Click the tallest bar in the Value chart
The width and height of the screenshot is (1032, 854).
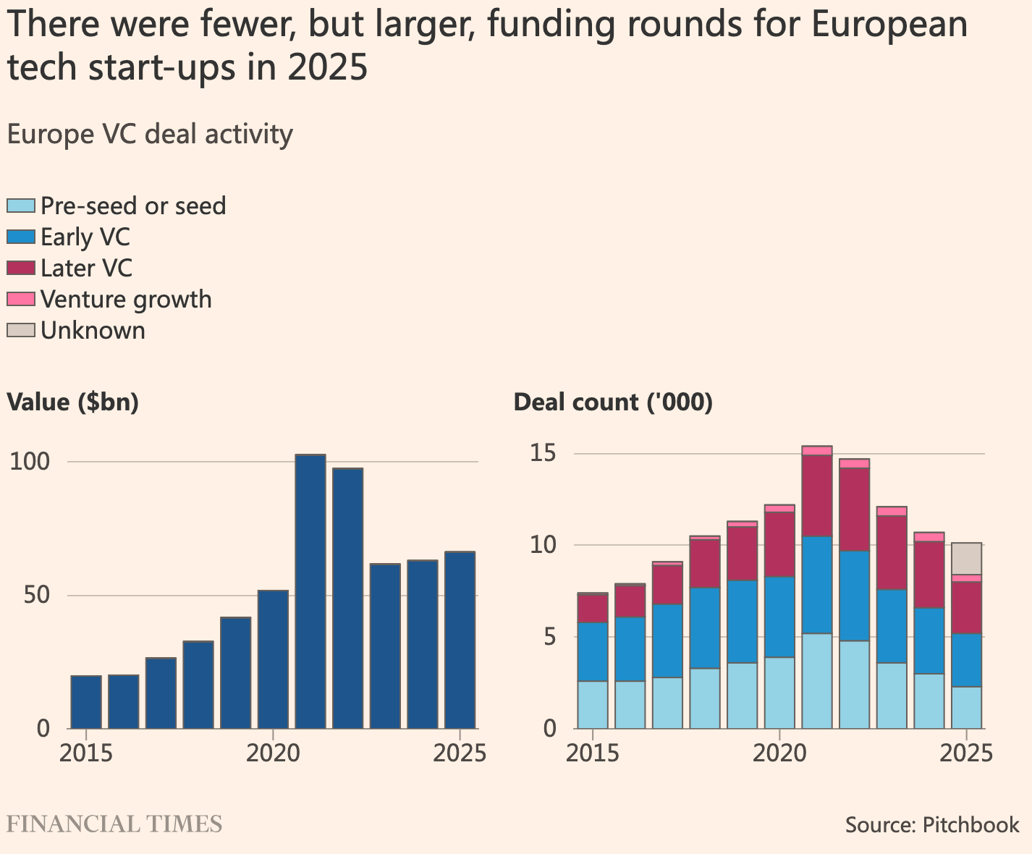pos(310,591)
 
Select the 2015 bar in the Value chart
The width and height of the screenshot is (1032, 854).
pos(86,701)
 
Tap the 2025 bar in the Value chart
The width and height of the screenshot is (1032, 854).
pos(460,640)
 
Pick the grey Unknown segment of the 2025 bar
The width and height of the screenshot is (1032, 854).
pos(966,558)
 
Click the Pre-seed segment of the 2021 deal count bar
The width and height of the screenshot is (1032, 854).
pos(817,680)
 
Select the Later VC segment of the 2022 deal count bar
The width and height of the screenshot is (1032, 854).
pos(855,509)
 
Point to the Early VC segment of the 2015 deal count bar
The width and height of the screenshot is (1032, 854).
pos(593,651)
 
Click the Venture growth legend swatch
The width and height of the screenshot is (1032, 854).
pos(20,299)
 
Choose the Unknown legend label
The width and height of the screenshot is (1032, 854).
pos(93,331)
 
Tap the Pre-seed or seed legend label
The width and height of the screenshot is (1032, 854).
pos(133,206)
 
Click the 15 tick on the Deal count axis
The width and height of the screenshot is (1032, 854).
pos(543,454)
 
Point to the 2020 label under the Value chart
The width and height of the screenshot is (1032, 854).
pos(273,753)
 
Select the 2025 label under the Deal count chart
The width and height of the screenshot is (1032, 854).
pos(966,753)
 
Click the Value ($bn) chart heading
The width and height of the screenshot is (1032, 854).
pos(72,402)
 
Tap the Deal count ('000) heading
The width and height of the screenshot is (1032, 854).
pos(613,402)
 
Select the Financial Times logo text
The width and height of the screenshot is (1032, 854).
pos(114,824)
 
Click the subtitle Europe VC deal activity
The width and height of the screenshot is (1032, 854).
pos(150,135)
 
